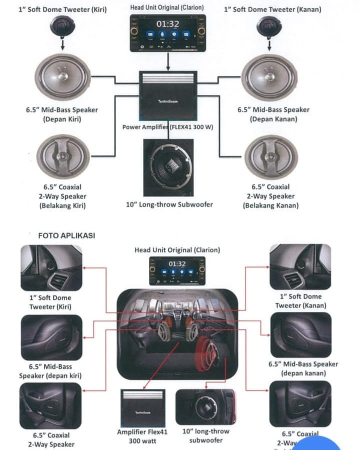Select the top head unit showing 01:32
pos(167,32)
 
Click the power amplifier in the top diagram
pos(167,95)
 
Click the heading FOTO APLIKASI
pos(66,235)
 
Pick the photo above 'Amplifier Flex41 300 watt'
pos(142,407)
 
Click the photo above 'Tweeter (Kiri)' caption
pos(50,267)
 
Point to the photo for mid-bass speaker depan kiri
pos(50,337)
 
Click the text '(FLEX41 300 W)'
pos(191,127)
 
